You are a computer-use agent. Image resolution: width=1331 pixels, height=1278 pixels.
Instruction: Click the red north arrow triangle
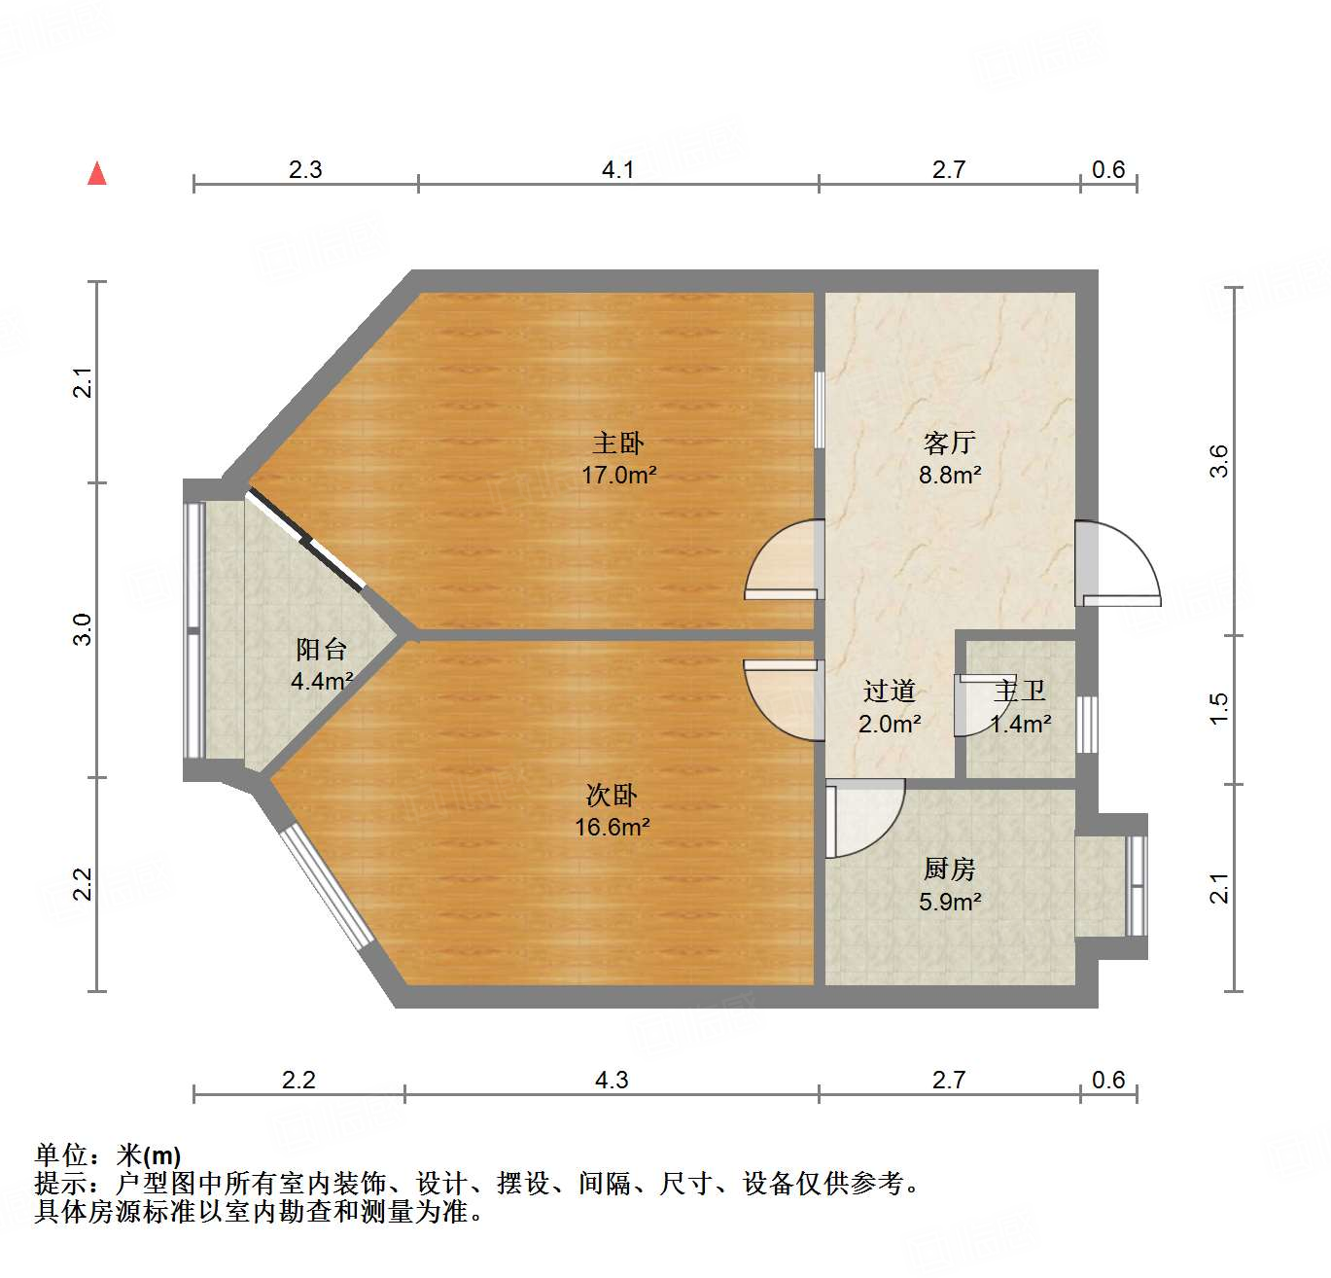pos(97,173)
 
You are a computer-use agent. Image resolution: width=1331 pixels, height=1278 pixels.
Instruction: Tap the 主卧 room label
pos(618,444)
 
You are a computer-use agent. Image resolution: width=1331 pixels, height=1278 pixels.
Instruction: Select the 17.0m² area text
pos(618,476)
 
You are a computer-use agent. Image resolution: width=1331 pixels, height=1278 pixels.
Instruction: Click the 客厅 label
pos(949,444)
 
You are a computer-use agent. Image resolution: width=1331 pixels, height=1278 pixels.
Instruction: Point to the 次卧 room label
pos(612,796)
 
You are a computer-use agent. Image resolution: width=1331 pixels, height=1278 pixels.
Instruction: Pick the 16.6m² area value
pos(612,828)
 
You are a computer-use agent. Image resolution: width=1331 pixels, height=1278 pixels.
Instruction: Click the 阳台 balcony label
pos(321,649)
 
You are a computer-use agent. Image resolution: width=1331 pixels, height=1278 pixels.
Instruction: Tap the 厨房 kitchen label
pos(949,869)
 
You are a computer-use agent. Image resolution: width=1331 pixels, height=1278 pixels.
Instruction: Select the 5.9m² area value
pos(949,902)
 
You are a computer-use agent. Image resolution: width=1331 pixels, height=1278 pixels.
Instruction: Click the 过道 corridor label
pos(889,692)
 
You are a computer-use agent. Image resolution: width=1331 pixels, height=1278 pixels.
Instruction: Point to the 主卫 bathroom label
pos(1020,692)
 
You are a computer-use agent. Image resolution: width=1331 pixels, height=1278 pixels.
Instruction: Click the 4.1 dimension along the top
pos(617,170)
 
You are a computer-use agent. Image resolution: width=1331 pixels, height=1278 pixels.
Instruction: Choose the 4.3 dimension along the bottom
pos(612,1081)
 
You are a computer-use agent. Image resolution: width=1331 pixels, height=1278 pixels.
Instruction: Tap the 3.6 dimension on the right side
pos(1219,460)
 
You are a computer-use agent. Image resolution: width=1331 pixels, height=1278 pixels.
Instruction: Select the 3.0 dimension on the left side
pos(84,629)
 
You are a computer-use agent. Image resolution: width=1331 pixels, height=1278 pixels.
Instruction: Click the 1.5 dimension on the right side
pos(1219,708)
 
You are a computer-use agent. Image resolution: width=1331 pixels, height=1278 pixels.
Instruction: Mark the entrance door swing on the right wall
pos(1118,564)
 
